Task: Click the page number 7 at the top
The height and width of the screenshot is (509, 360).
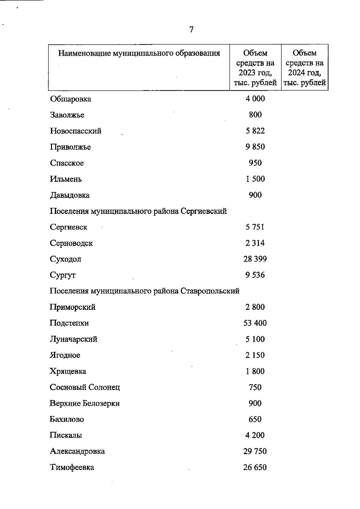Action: pos(191,30)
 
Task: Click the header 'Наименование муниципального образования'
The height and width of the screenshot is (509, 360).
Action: pos(139,53)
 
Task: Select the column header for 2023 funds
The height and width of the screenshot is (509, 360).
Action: pos(255,68)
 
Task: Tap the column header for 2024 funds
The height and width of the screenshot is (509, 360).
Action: pos(304,68)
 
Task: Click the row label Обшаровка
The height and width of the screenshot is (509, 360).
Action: pos(70,99)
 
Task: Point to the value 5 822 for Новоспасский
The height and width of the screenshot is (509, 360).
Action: pos(255,131)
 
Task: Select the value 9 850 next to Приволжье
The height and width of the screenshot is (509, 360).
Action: pos(255,147)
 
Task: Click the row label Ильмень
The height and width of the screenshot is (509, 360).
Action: pos(66,179)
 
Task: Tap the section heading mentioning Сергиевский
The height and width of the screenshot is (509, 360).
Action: pos(138,211)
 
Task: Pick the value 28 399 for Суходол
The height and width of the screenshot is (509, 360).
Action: pos(255,259)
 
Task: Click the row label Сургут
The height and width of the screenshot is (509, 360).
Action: pos(63,275)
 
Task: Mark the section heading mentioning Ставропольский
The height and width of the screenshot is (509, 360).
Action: pos(144,291)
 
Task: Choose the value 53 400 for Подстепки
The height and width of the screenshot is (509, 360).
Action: pos(255,323)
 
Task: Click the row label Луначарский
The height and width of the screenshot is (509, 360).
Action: pos(73,339)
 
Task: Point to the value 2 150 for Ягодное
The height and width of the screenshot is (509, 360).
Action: pos(255,355)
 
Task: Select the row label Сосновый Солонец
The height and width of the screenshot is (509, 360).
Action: pos(85,387)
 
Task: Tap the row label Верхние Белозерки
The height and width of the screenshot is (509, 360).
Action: pos(85,403)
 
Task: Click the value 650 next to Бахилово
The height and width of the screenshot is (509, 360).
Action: pos(255,419)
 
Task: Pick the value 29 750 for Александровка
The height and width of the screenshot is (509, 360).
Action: pos(255,451)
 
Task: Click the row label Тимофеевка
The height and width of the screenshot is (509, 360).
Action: pos(72,467)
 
